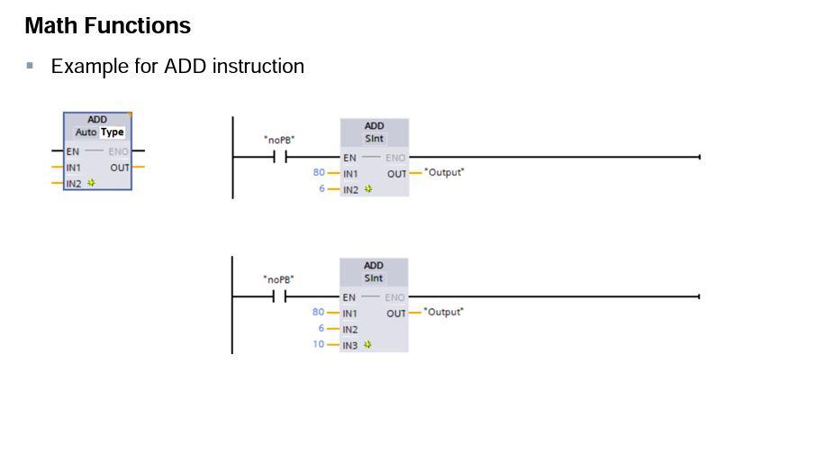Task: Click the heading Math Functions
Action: [x=107, y=26]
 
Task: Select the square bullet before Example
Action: [x=30, y=66]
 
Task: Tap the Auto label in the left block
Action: [x=86, y=132]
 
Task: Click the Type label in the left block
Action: [x=113, y=132]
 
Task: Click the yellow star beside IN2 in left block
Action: [x=91, y=183]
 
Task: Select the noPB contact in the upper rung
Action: [x=279, y=157]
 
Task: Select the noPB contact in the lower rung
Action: [x=279, y=296]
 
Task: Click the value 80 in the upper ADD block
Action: [x=319, y=172]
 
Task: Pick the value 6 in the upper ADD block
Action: [x=321, y=188]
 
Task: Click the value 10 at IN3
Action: [x=319, y=344]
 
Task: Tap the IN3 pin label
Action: [x=349, y=345]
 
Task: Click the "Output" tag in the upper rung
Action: [x=444, y=172]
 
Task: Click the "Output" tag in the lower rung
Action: [x=444, y=312]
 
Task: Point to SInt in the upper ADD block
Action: [x=374, y=139]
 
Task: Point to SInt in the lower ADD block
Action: [x=374, y=278]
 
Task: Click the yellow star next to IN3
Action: [x=367, y=345]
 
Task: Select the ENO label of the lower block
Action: [x=394, y=297]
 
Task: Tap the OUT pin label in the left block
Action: [x=120, y=168]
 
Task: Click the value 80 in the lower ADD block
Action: [x=318, y=312]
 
